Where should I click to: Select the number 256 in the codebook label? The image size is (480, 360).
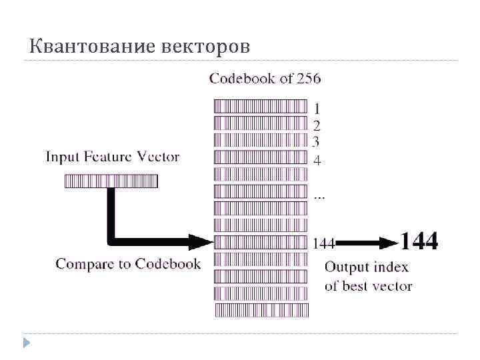(x=309, y=79)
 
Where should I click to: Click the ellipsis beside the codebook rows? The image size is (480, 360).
(x=319, y=197)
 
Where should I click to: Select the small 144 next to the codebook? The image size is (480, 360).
(x=323, y=243)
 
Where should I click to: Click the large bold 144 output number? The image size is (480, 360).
(x=419, y=241)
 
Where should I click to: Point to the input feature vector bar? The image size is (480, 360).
(x=111, y=181)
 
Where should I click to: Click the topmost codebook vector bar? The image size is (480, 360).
(x=261, y=106)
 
